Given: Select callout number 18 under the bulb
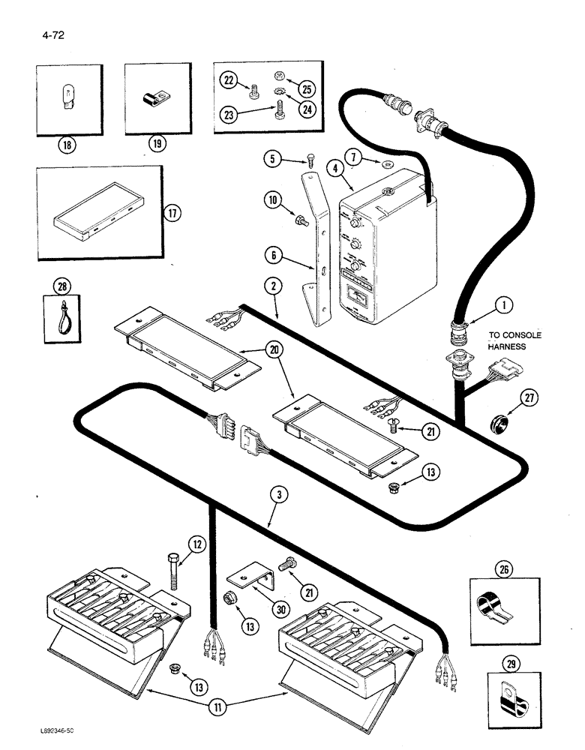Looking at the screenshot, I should point(69,144).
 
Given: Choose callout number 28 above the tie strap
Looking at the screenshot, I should point(61,286).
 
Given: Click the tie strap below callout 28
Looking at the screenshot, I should point(61,318).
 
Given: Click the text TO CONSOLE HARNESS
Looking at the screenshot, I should point(514,341).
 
